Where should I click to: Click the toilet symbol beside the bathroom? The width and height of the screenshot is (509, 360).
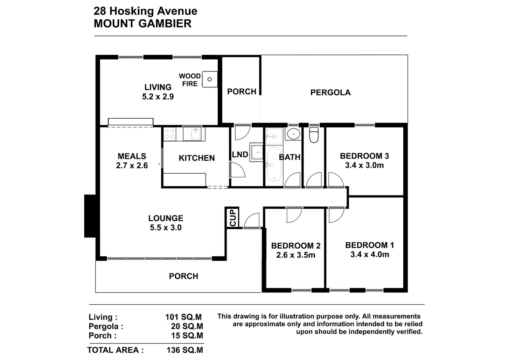tap(314, 135)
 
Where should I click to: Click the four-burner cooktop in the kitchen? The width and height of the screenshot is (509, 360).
tap(170, 134)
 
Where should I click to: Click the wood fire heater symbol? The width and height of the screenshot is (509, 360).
tap(210, 79)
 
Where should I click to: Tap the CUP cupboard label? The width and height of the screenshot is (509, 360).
tap(233, 218)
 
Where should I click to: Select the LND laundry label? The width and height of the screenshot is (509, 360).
tap(240, 155)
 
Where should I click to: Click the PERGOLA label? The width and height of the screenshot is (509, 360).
tap(331, 93)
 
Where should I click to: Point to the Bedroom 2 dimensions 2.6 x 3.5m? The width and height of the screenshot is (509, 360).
tap(296, 255)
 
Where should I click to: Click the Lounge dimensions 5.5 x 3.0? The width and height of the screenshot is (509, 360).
tap(166, 227)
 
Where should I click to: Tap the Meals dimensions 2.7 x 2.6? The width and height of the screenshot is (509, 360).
tap(132, 166)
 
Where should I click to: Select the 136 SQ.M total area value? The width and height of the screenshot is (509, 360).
tap(185, 350)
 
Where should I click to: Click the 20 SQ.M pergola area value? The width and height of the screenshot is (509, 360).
tap(187, 326)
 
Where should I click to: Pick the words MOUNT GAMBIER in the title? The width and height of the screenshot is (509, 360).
tap(143, 24)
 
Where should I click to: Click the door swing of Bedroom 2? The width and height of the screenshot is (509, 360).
tap(294, 215)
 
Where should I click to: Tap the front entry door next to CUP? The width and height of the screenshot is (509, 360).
tap(252, 220)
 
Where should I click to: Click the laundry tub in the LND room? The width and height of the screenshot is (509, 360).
tap(256, 152)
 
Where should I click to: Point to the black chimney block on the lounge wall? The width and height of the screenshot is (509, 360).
tap(90, 216)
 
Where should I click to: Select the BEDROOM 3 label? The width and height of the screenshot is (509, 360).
tap(364, 156)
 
